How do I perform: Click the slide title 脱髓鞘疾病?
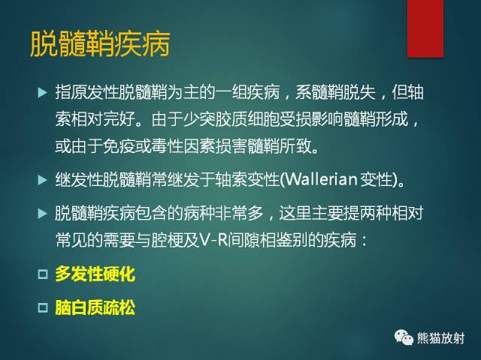99,43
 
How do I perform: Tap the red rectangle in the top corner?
425,28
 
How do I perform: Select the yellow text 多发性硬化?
95,274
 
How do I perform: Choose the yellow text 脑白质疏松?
95,307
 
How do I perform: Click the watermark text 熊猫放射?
442,338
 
